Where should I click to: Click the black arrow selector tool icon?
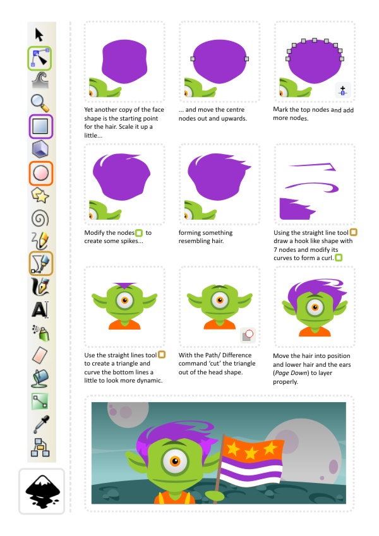coord(39,33)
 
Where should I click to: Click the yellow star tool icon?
coord(40,196)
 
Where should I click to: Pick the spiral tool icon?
coord(40,218)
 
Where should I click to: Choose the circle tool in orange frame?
coord(40,173)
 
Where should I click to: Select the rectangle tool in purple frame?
coord(40,126)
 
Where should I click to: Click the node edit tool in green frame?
coord(40,58)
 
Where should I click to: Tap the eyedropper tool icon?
coord(40,423)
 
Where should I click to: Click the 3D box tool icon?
coord(40,150)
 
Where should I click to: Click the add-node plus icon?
coord(342,90)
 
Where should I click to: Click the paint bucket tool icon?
coord(40,378)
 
